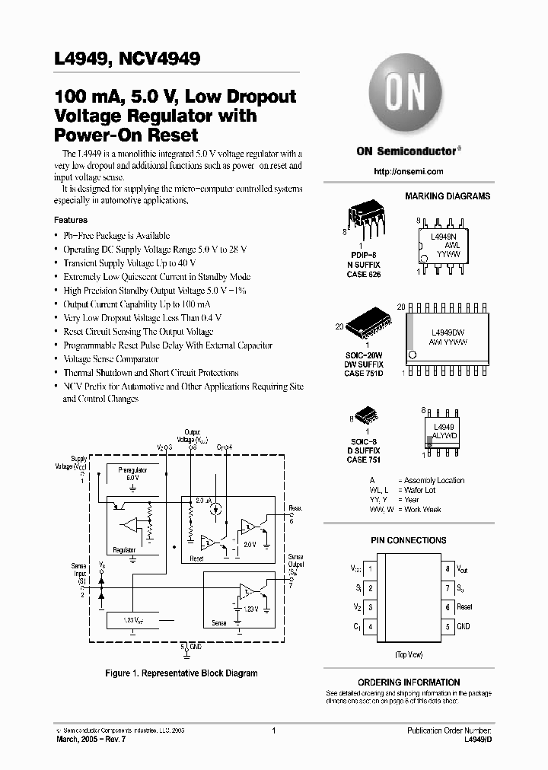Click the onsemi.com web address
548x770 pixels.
408,171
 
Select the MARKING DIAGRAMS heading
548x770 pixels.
448,196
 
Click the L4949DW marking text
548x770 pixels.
448,332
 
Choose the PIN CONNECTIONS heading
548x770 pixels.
408,540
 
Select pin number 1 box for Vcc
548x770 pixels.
369,568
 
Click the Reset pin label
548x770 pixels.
464,607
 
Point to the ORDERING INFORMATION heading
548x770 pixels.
408,682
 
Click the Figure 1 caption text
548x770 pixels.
180,673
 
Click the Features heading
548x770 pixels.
71,220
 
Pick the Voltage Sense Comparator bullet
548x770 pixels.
111,359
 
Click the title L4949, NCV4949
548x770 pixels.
127,57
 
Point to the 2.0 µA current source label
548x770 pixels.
202,501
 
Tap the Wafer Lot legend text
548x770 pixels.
420,490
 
